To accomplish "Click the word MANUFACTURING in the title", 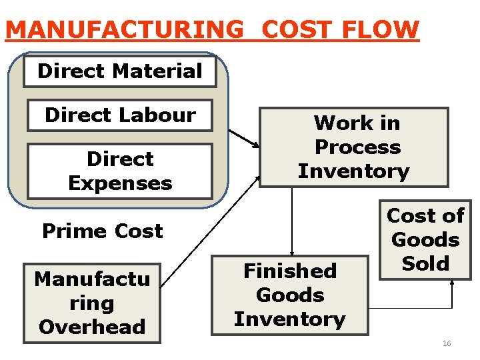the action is pyautogui.click(x=125, y=30).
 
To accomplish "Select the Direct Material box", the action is pyautogui.click(x=120, y=71).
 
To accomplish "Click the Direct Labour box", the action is pyautogui.click(x=120, y=115).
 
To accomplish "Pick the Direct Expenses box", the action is pyautogui.click(x=120, y=171).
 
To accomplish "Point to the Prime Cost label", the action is pyautogui.click(x=102, y=231).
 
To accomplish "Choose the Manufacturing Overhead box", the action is pyautogui.click(x=92, y=303).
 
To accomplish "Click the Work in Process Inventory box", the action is pyautogui.click(x=353, y=147).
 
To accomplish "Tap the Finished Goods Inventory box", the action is pyautogui.click(x=290, y=295).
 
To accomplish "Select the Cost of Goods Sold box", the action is pyautogui.click(x=426, y=239).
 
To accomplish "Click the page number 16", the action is pyautogui.click(x=447, y=343).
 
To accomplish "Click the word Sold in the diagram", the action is pyautogui.click(x=426, y=263).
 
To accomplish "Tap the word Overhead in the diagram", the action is pyautogui.click(x=92, y=327).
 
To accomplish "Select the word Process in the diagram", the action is pyautogui.click(x=357, y=147).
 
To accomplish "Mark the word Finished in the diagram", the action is pyautogui.click(x=290, y=271).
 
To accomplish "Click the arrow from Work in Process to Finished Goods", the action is pyautogui.click(x=291, y=220).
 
